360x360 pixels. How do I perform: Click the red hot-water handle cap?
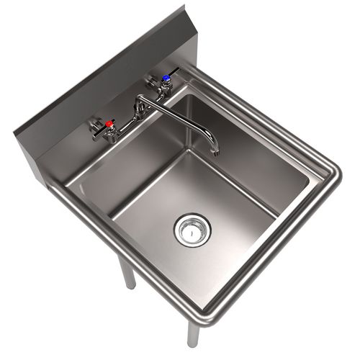point(109,124)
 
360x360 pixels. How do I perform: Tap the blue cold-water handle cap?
point(166,77)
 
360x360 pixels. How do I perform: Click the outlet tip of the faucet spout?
point(215,152)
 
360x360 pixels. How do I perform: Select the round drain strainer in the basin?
point(192,230)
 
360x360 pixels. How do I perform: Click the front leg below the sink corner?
point(192,336)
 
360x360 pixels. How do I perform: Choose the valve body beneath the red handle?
point(109,133)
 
